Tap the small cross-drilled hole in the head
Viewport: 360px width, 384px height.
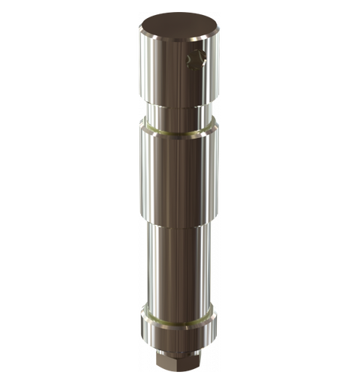196,59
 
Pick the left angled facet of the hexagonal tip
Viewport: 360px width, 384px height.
161,359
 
